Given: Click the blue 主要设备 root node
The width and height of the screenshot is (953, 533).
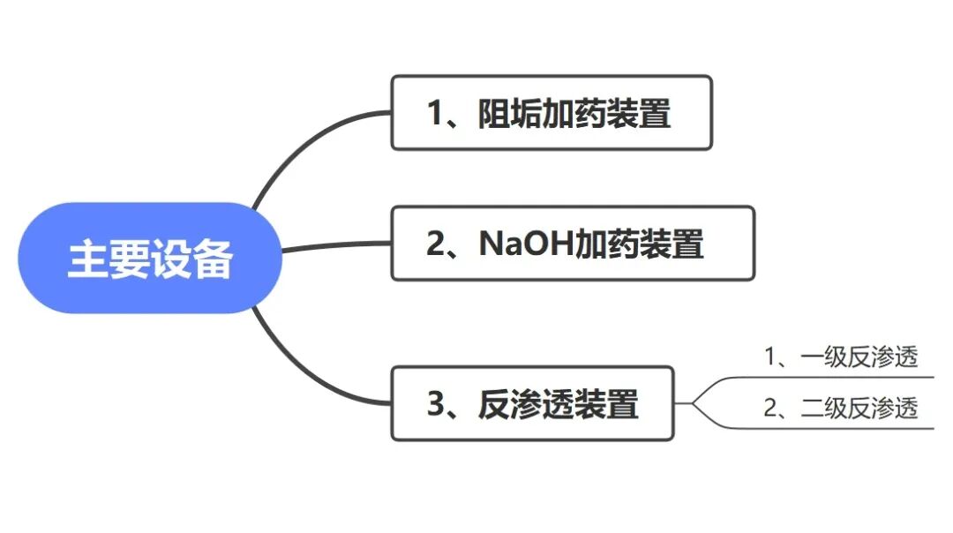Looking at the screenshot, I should (149, 258).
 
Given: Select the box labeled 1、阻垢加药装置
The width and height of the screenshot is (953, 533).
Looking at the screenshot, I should (551, 113).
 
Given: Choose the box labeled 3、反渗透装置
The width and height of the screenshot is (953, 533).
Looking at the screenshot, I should (532, 403).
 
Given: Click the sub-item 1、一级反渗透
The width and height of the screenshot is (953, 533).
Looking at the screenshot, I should (840, 357).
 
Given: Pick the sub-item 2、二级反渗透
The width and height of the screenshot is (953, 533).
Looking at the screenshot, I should (840, 408).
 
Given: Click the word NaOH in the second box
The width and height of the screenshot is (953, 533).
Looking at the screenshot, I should (526, 244).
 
